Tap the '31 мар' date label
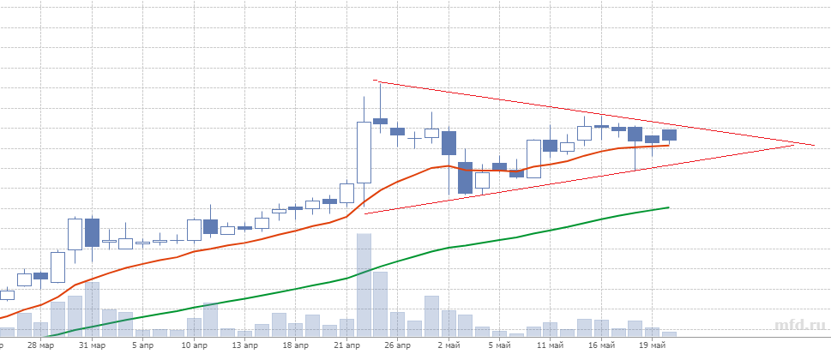click(x=92, y=345)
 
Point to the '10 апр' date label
click(x=194, y=345)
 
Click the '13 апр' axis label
click(x=246, y=345)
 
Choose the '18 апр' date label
click(x=296, y=345)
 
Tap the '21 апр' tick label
click(x=346, y=345)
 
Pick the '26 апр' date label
click(x=398, y=345)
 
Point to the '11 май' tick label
click(x=550, y=345)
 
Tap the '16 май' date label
click(x=601, y=345)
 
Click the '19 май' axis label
click(x=652, y=345)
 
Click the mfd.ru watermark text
click(x=800, y=326)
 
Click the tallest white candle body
click(x=364, y=153)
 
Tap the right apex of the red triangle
click(x=814, y=145)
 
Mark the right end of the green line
click(x=668, y=207)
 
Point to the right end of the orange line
click(x=668, y=145)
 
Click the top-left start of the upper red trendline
click(x=378, y=82)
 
